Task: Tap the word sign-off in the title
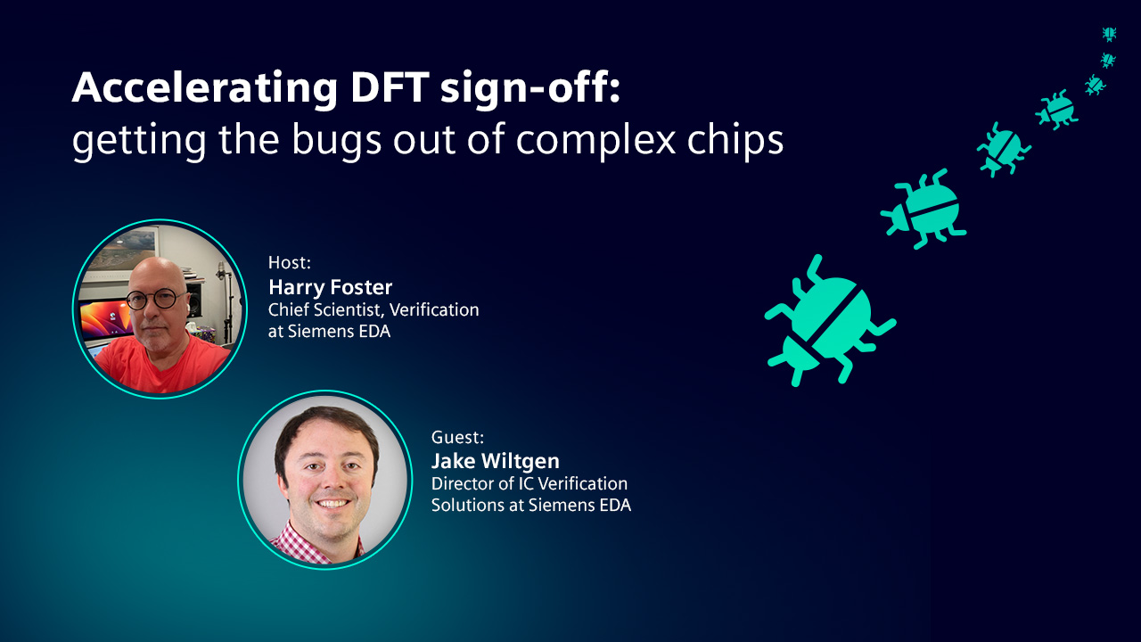pos(529,88)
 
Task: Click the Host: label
pos(290,262)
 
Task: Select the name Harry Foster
pos(330,287)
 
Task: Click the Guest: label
pos(457,437)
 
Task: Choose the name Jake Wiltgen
pos(495,462)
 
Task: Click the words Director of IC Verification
pos(529,483)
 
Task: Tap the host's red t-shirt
pos(158,365)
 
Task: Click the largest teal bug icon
pos(830,321)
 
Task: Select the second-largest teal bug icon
pos(923,209)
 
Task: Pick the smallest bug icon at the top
pos(1109,34)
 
